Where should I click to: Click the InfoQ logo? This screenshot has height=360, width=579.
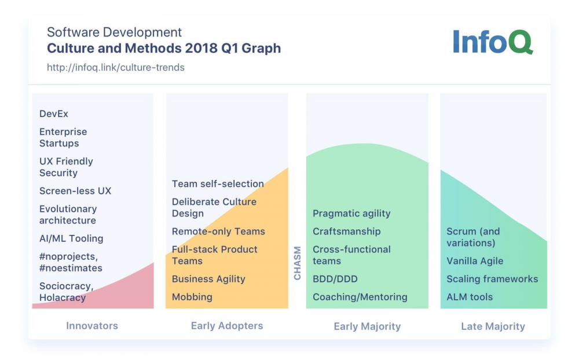[493, 41]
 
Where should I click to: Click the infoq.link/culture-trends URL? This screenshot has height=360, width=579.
[116, 68]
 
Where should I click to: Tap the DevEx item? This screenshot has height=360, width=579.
[54, 114]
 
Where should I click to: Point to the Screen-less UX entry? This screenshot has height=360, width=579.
[75, 191]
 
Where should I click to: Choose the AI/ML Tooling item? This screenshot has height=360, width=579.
[71, 238]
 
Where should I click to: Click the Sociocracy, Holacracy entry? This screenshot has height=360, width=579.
[67, 292]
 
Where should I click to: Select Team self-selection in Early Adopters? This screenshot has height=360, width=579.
[218, 184]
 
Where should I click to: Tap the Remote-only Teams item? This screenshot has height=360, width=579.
[218, 232]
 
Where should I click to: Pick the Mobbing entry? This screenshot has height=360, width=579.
[192, 297]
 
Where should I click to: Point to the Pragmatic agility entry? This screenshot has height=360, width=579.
[351, 214]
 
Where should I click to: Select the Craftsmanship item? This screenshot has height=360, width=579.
[347, 232]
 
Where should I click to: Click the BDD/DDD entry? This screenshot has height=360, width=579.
[335, 279]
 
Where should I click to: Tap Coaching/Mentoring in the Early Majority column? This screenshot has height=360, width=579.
[360, 297]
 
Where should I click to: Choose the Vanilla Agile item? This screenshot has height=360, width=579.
[475, 261]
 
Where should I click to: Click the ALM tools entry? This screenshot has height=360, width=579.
[470, 297]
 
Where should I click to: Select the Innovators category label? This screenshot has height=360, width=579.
[92, 326]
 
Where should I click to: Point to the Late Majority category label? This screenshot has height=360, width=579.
[493, 326]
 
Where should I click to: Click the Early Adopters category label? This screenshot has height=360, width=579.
[227, 326]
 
